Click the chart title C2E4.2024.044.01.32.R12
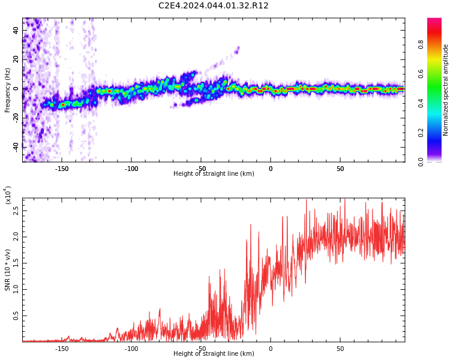pos(213,6)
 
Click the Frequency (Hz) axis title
pos(8,90)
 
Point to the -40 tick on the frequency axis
pos(16,147)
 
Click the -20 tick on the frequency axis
pos(16,118)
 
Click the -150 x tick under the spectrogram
pos(62,169)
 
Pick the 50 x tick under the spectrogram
pos(340,169)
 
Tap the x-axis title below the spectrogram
pos(214,174)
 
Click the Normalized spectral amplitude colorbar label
pos(446,90)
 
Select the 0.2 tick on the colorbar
pos(437,133)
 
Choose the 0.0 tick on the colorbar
pos(437,161)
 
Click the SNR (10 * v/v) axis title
pos(8,270)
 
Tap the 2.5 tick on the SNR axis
pos(16,211)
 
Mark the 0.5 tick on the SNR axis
pos(16,315)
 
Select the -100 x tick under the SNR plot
pos(131,349)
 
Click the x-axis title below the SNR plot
pos(214,354)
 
